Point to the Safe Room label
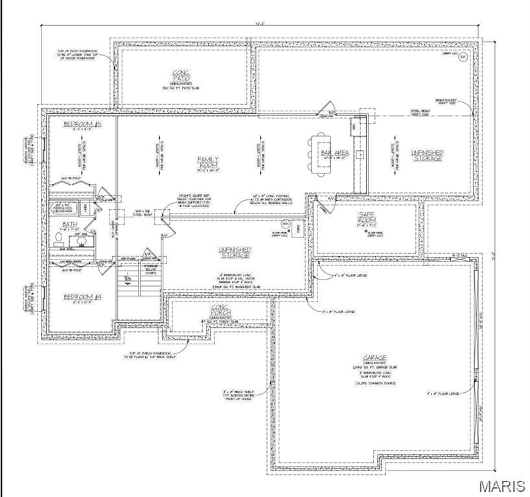(366, 216)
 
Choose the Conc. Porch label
(221, 309)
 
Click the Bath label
(70, 223)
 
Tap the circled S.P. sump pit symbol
(463, 58)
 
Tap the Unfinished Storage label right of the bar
(428, 155)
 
